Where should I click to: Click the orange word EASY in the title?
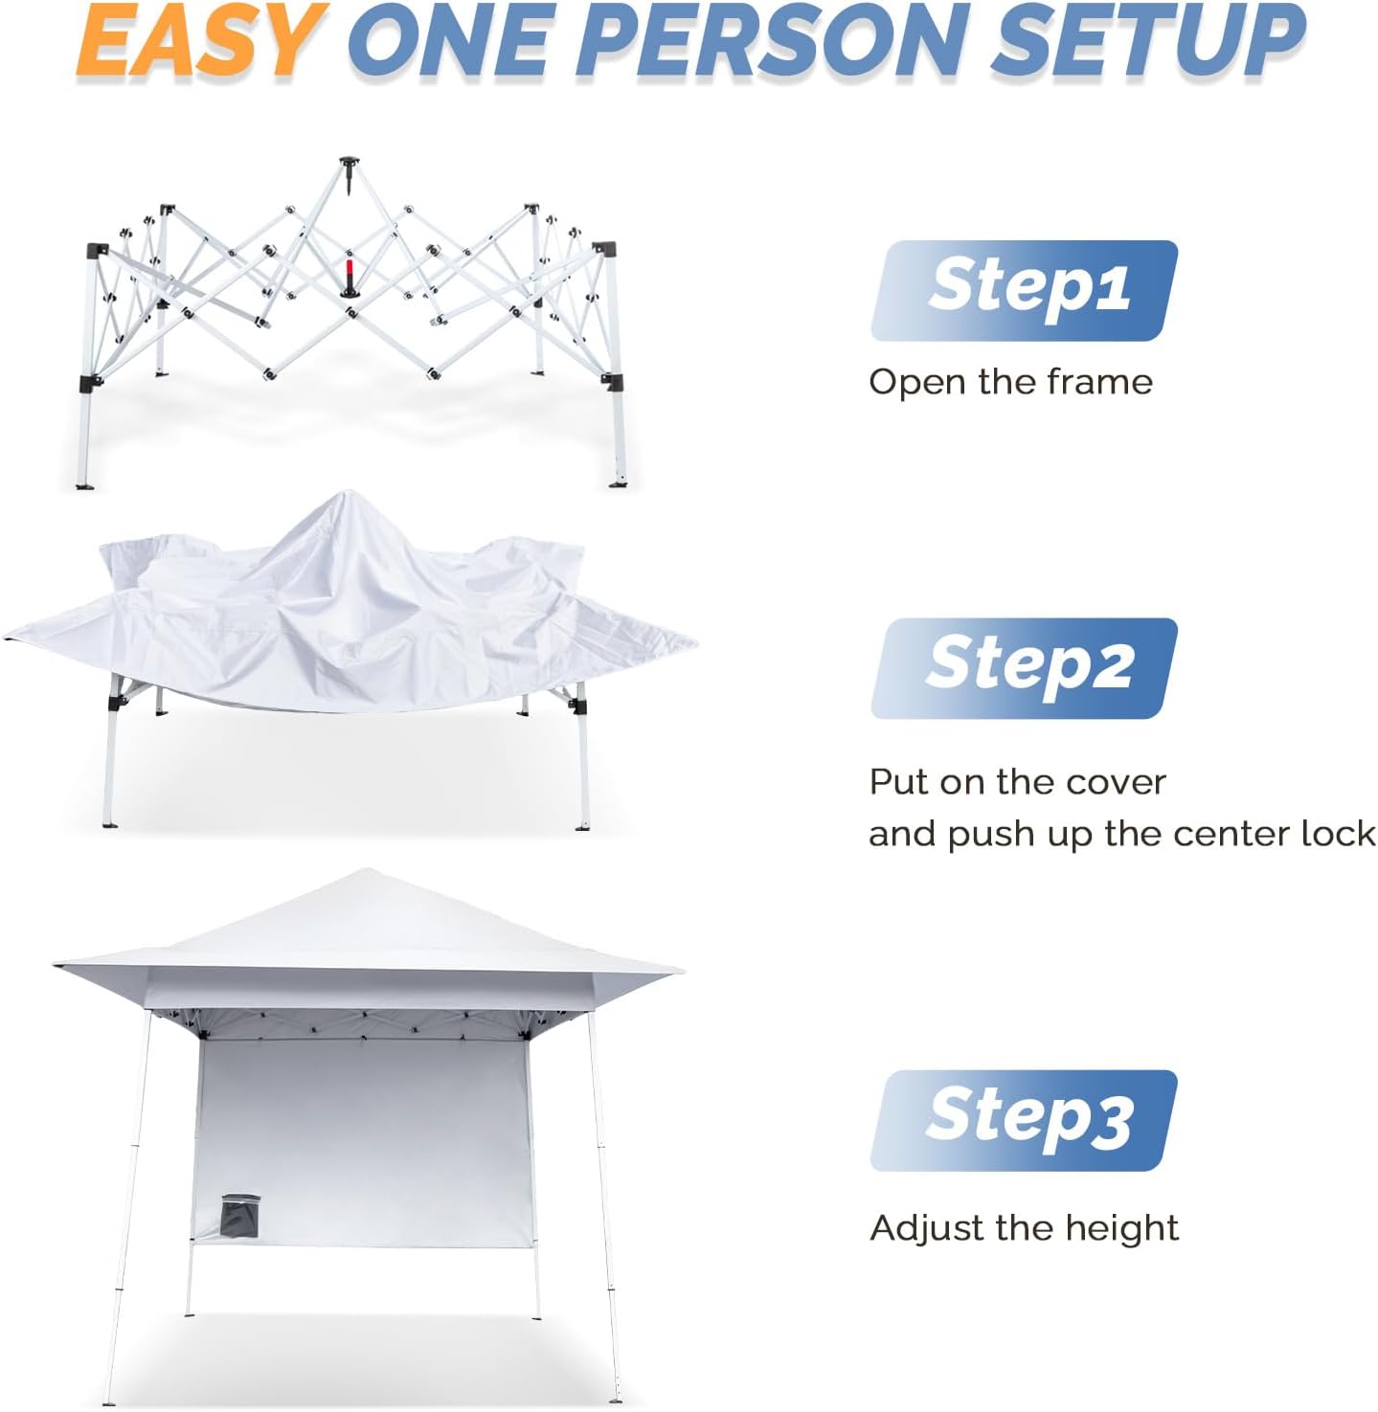pos(201,40)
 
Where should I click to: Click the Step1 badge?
pos(1024,290)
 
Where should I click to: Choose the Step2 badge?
pos(1024,668)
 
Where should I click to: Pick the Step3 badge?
pos(1024,1120)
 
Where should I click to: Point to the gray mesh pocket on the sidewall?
pos(240,1217)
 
